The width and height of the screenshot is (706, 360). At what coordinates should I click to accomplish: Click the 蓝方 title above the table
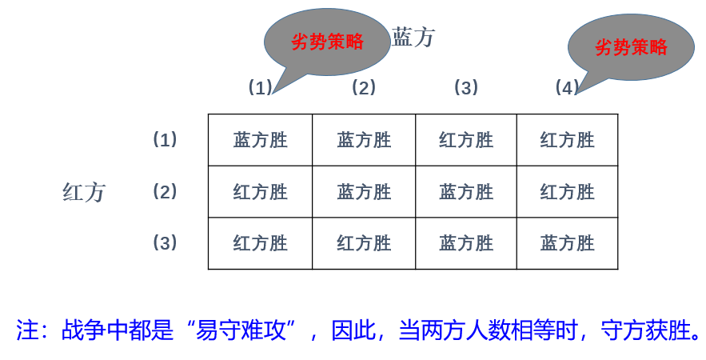413,37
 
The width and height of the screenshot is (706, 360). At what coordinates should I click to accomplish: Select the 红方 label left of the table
84,192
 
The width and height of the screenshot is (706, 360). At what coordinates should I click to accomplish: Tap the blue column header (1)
261,88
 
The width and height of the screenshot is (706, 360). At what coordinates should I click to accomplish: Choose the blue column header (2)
363,88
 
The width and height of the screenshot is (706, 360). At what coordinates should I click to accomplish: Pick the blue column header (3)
465,88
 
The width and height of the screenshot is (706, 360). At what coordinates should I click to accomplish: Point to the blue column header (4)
567,88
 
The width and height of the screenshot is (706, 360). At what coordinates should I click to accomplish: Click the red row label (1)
165,140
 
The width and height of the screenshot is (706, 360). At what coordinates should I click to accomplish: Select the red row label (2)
165,192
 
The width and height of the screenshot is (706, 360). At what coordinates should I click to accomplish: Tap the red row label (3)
165,243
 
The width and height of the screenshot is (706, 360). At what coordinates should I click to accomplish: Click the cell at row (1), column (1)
261,141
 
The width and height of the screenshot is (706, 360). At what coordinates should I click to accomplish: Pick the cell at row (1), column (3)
466,141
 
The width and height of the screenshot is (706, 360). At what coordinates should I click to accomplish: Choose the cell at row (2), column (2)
364,192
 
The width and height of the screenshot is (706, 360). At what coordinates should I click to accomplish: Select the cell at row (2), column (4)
568,192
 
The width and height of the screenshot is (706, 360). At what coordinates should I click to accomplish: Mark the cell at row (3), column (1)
261,243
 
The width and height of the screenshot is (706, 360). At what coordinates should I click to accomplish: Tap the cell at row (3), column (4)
568,243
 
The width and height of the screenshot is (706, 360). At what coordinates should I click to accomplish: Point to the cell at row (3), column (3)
466,243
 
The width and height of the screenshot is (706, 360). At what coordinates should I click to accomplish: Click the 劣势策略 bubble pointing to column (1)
327,42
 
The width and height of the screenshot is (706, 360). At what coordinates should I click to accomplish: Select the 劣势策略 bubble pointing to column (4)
631,47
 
